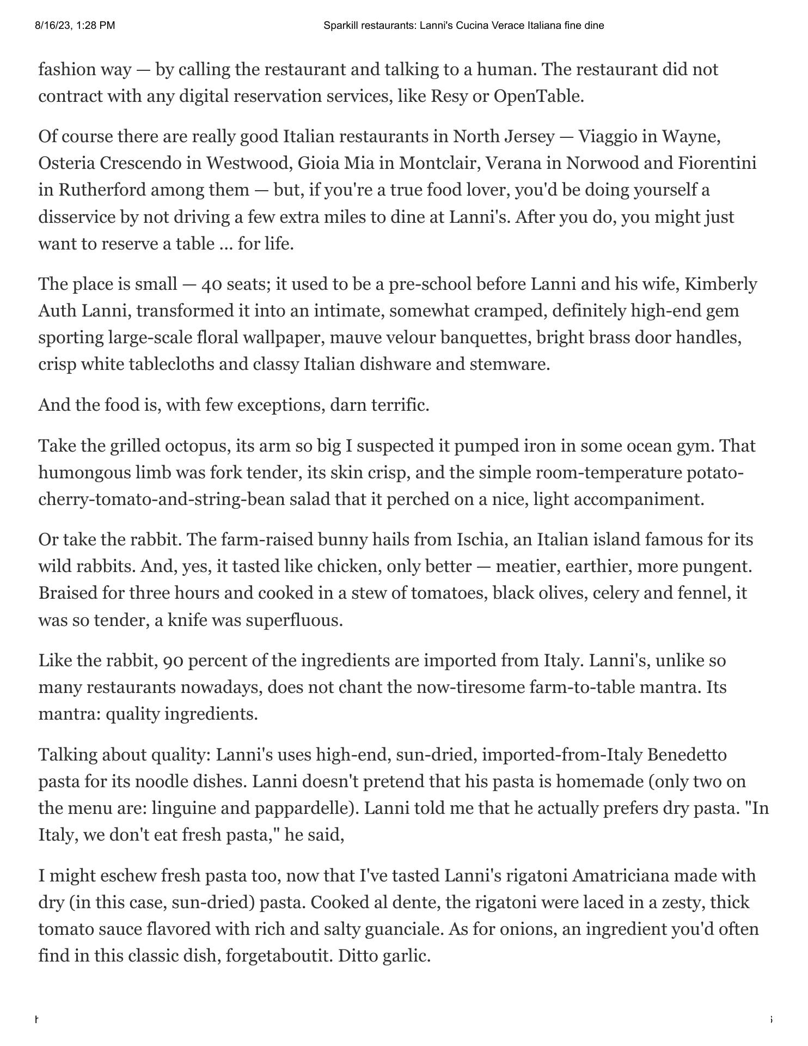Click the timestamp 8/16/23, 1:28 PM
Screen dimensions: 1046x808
point(75,25)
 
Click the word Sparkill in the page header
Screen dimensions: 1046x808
point(340,25)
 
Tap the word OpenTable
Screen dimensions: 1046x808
point(538,96)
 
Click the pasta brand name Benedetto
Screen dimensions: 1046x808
point(687,755)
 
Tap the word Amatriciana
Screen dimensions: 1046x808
point(620,876)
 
